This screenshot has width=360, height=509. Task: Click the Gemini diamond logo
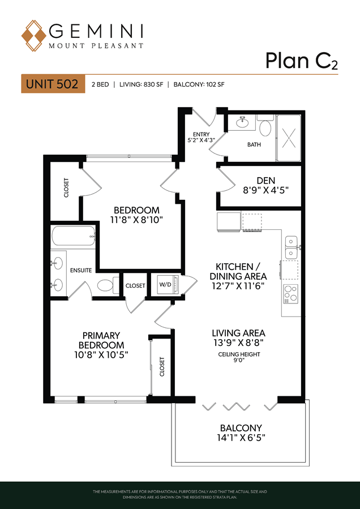[x=34, y=36]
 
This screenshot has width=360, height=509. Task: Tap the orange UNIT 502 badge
[x=53, y=84]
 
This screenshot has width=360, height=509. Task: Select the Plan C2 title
[x=302, y=61]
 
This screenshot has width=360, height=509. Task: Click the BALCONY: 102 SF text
[x=199, y=85]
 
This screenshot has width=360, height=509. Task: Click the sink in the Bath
[x=241, y=123]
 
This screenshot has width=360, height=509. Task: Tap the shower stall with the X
[x=289, y=138]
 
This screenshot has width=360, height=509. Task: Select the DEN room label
[x=266, y=180]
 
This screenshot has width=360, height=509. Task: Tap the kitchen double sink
[x=292, y=247]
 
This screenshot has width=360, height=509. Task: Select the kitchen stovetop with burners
[x=291, y=294]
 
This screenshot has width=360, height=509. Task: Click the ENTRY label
[x=201, y=134]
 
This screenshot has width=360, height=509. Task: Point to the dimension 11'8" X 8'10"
[x=136, y=220]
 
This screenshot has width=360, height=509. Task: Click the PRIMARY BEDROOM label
[x=101, y=340]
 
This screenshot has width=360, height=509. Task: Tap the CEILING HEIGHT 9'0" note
[x=239, y=357]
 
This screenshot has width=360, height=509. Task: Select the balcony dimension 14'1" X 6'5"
[x=241, y=438]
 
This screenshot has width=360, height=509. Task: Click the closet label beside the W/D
[x=135, y=286]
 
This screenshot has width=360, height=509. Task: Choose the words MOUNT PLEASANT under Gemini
[x=96, y=46]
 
